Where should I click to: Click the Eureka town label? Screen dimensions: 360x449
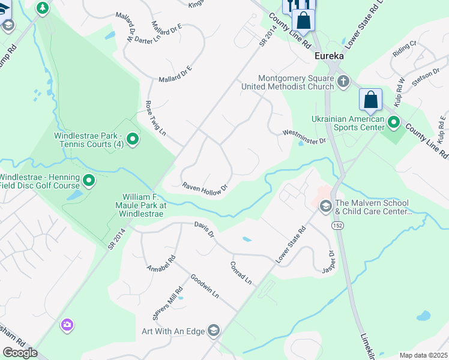point(330,56)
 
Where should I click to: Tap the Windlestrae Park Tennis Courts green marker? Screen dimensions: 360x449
point(133,140)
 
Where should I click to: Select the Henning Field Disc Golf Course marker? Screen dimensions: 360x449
point(89,180)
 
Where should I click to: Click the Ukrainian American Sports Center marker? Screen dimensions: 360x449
point(394,123)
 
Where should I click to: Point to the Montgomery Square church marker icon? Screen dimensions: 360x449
point(343,81)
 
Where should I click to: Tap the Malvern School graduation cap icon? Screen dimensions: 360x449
point(326,206)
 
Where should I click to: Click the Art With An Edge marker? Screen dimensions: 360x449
point(213,330)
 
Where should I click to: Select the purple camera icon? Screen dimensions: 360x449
point(67,325)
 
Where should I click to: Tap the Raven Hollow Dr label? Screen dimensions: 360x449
point(206,187)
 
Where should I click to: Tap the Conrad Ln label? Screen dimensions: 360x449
point(241,272)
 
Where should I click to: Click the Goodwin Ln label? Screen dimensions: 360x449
point(205,287)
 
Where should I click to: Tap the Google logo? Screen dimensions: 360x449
point(20,353)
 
